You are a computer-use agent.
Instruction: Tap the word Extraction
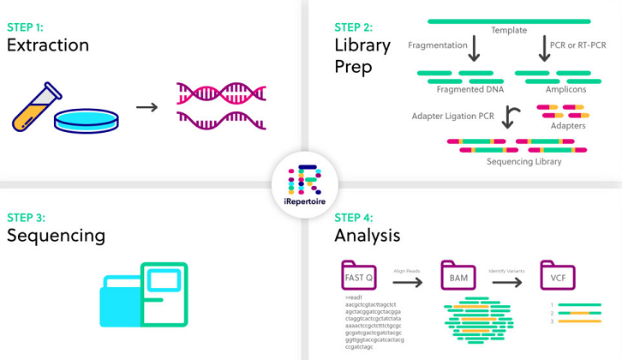[x=48, y=45]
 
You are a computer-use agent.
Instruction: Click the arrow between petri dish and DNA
[x=147, y=107]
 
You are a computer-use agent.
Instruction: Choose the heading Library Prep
[x=362, y=55]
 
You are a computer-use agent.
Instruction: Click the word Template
[x=509, y=31]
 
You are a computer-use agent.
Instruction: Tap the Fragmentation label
[x=438, y=45]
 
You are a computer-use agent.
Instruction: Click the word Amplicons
[x=565, y=89]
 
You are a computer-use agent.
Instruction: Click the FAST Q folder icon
[x=358, y=276]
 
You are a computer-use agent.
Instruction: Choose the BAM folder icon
[x=458, y=276]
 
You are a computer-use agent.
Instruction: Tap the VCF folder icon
[x=558, y=276]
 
